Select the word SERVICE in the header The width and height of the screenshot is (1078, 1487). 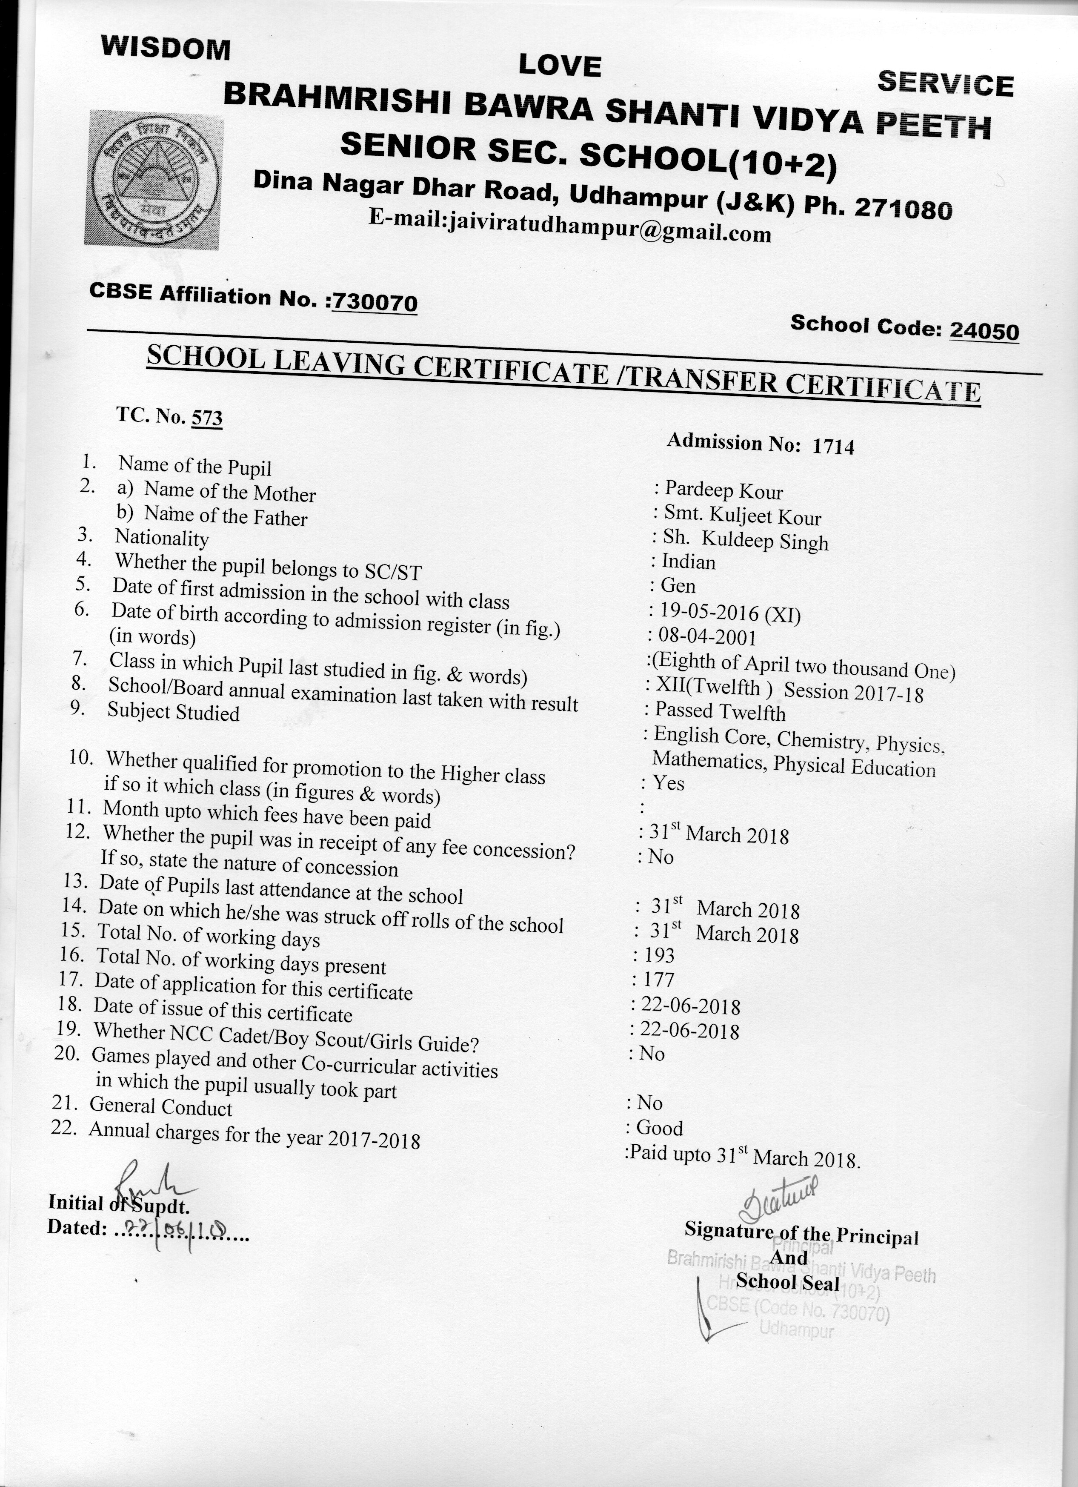point(945,84)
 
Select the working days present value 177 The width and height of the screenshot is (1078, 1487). point(658,980)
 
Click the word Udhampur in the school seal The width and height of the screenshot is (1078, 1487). point(797,1329)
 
